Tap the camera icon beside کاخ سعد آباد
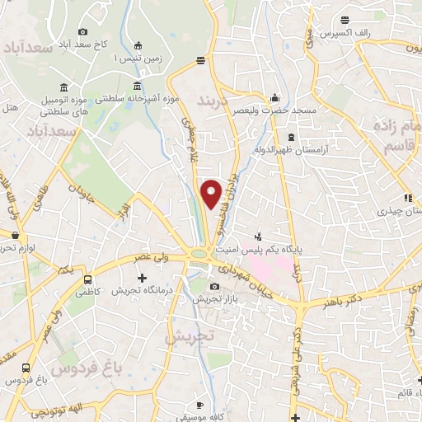[x=83, y=32]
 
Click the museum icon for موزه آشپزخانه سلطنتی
[x=137, y=87]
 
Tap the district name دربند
[x=216, y=101]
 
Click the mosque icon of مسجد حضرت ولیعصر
[x=274, y=95]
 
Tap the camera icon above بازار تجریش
[x=215, y=287]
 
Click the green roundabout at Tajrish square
[x=198, y=254]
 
